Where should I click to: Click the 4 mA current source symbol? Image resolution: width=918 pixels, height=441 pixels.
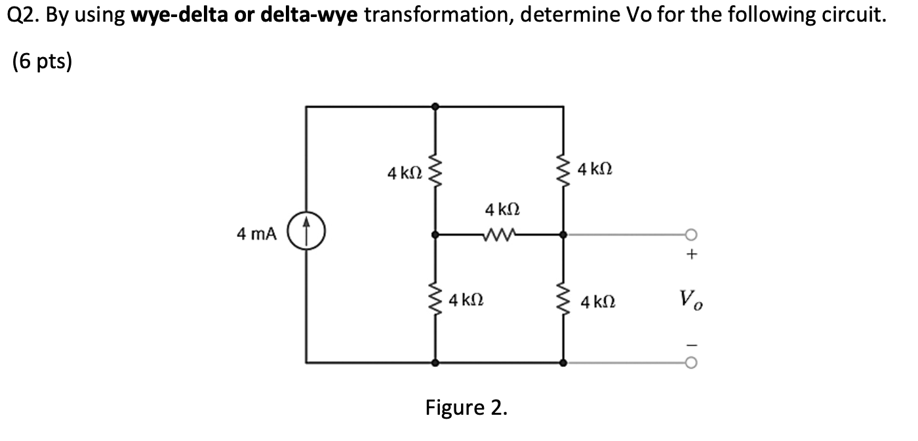click(x=313, y=234)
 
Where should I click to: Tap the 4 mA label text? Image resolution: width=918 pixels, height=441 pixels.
click(x=257, y=234)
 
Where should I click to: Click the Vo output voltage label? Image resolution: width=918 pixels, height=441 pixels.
click(x=692, y=301)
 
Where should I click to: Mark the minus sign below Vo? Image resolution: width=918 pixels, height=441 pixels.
click(x=691, y=343)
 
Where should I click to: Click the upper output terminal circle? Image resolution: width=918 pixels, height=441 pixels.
click(x=690, y=234)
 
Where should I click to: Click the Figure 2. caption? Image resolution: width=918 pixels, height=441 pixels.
click(x=466, y=408)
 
